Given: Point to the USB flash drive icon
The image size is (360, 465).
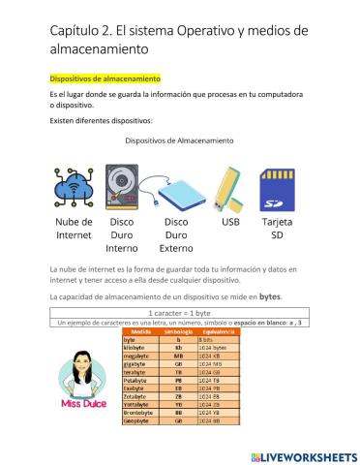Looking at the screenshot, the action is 229,187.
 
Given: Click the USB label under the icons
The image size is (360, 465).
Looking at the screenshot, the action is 230,221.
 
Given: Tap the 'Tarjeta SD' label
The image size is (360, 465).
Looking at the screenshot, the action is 277,228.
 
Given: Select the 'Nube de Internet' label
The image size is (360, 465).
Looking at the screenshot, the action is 73,228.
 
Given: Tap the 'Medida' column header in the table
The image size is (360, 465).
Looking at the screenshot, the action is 140,331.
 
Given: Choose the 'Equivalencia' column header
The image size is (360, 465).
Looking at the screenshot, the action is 216,331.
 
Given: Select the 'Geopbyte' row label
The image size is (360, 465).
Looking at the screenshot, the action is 138,421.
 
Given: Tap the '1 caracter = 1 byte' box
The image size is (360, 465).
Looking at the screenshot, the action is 180,312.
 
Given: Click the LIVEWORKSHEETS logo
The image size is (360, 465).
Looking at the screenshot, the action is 303,455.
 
